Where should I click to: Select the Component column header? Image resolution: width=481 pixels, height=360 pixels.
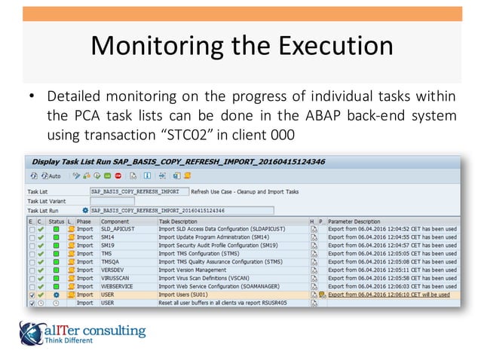115,221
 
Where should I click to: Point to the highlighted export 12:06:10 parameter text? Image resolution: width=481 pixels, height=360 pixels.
388,294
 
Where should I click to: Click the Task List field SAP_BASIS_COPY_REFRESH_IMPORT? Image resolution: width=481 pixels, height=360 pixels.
139,192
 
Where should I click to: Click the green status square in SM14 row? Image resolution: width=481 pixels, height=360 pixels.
56,236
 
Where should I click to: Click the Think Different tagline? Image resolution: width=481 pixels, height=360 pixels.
69,340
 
